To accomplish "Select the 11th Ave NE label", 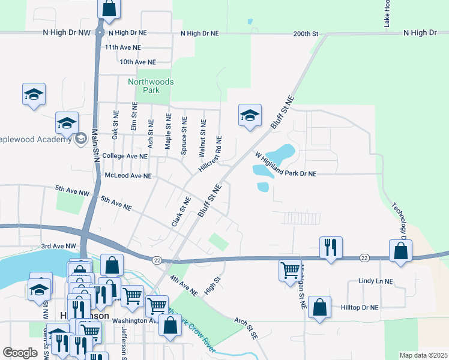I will click(x=122, y=47).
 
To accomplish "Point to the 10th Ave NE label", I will click(x=137, y=62).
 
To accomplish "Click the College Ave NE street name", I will click(x=125, y=156).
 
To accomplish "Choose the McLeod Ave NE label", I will click(x=128, y=176).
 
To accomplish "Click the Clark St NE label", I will click(x=181, y=211).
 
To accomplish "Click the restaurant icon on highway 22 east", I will click(x=331, y=248).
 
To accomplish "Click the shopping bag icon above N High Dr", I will click(x=109, y=8).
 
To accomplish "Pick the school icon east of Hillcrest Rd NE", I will click(x=250, y=115).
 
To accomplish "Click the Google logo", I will click(x=20, y=353).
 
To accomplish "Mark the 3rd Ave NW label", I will click(x=59, y=247).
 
